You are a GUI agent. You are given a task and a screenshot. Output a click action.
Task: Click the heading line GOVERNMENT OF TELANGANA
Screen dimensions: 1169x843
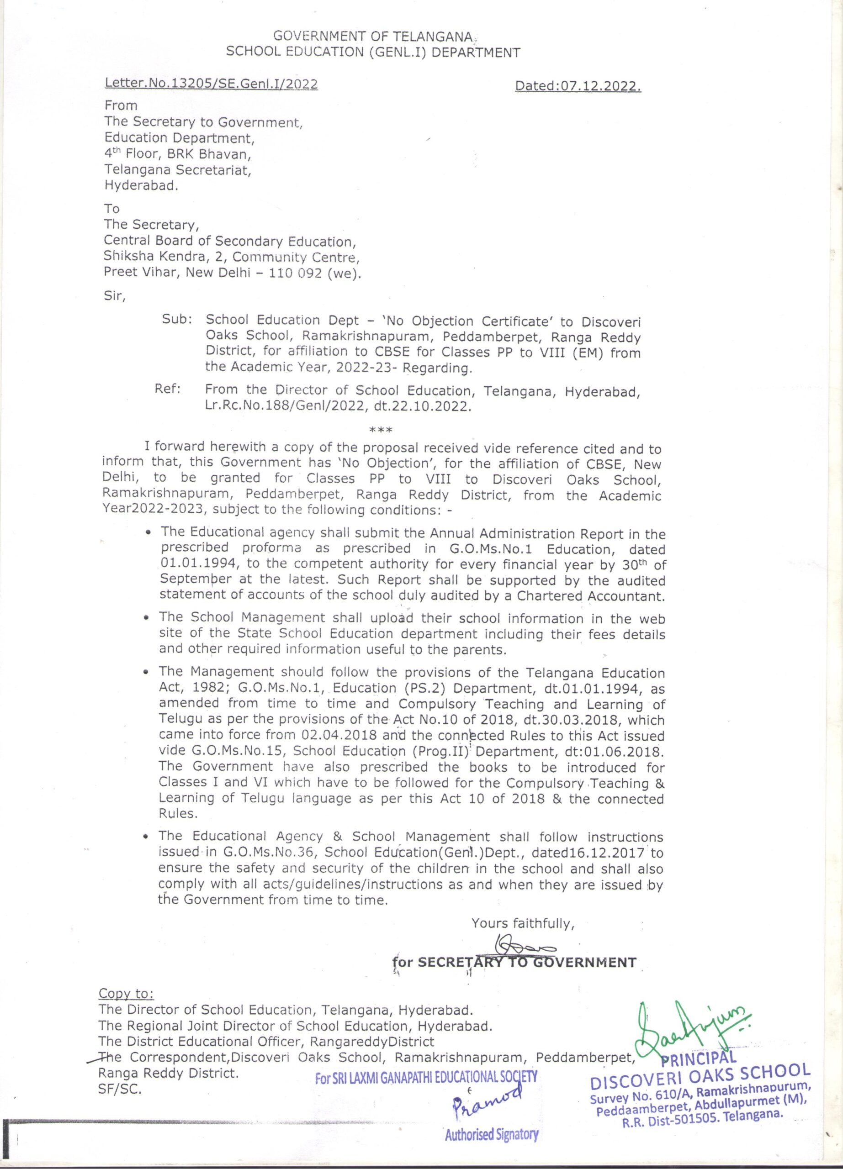(x=372, y=36)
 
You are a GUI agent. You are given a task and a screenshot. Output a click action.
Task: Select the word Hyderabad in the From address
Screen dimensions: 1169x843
(x=140, y=185)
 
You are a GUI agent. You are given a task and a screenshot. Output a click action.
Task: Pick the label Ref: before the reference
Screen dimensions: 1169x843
(x=168, y=389)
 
